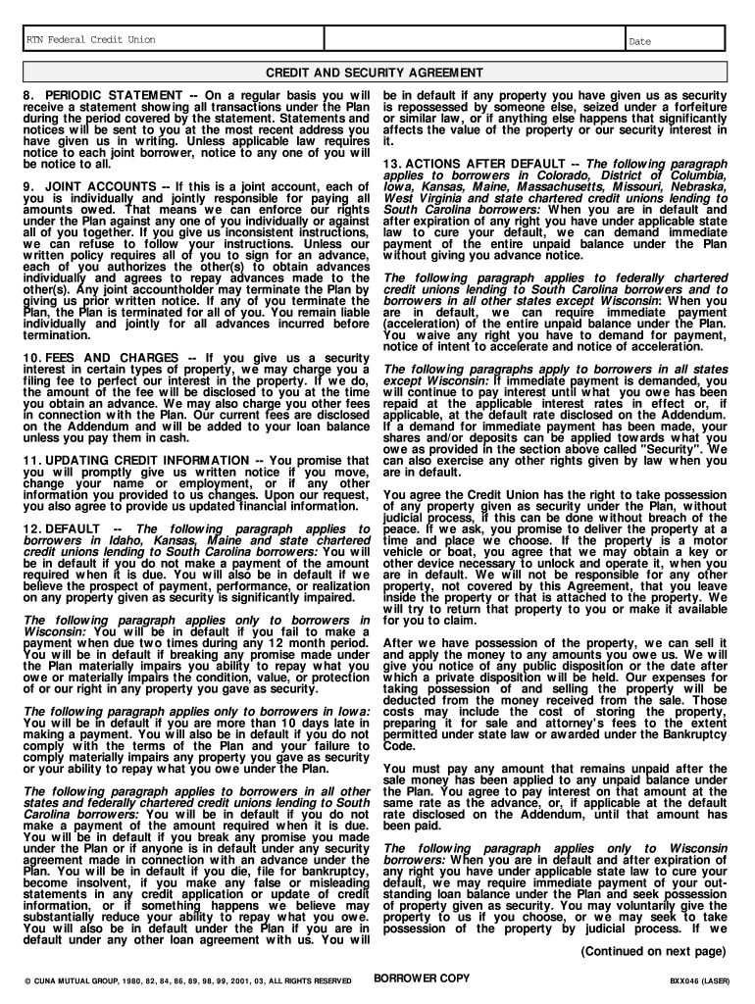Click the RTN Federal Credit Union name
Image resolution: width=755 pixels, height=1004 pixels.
[x=90, y=40]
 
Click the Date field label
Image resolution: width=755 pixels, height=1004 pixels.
[x=639, y=41]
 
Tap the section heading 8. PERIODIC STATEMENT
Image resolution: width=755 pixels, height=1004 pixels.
[x=99, y=94]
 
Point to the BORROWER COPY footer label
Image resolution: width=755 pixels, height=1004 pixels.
[x=424, y=978]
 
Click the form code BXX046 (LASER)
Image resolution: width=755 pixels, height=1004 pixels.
[x=699, y=979]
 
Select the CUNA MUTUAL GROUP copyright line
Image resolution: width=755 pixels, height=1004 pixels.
[x=187, y=979]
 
